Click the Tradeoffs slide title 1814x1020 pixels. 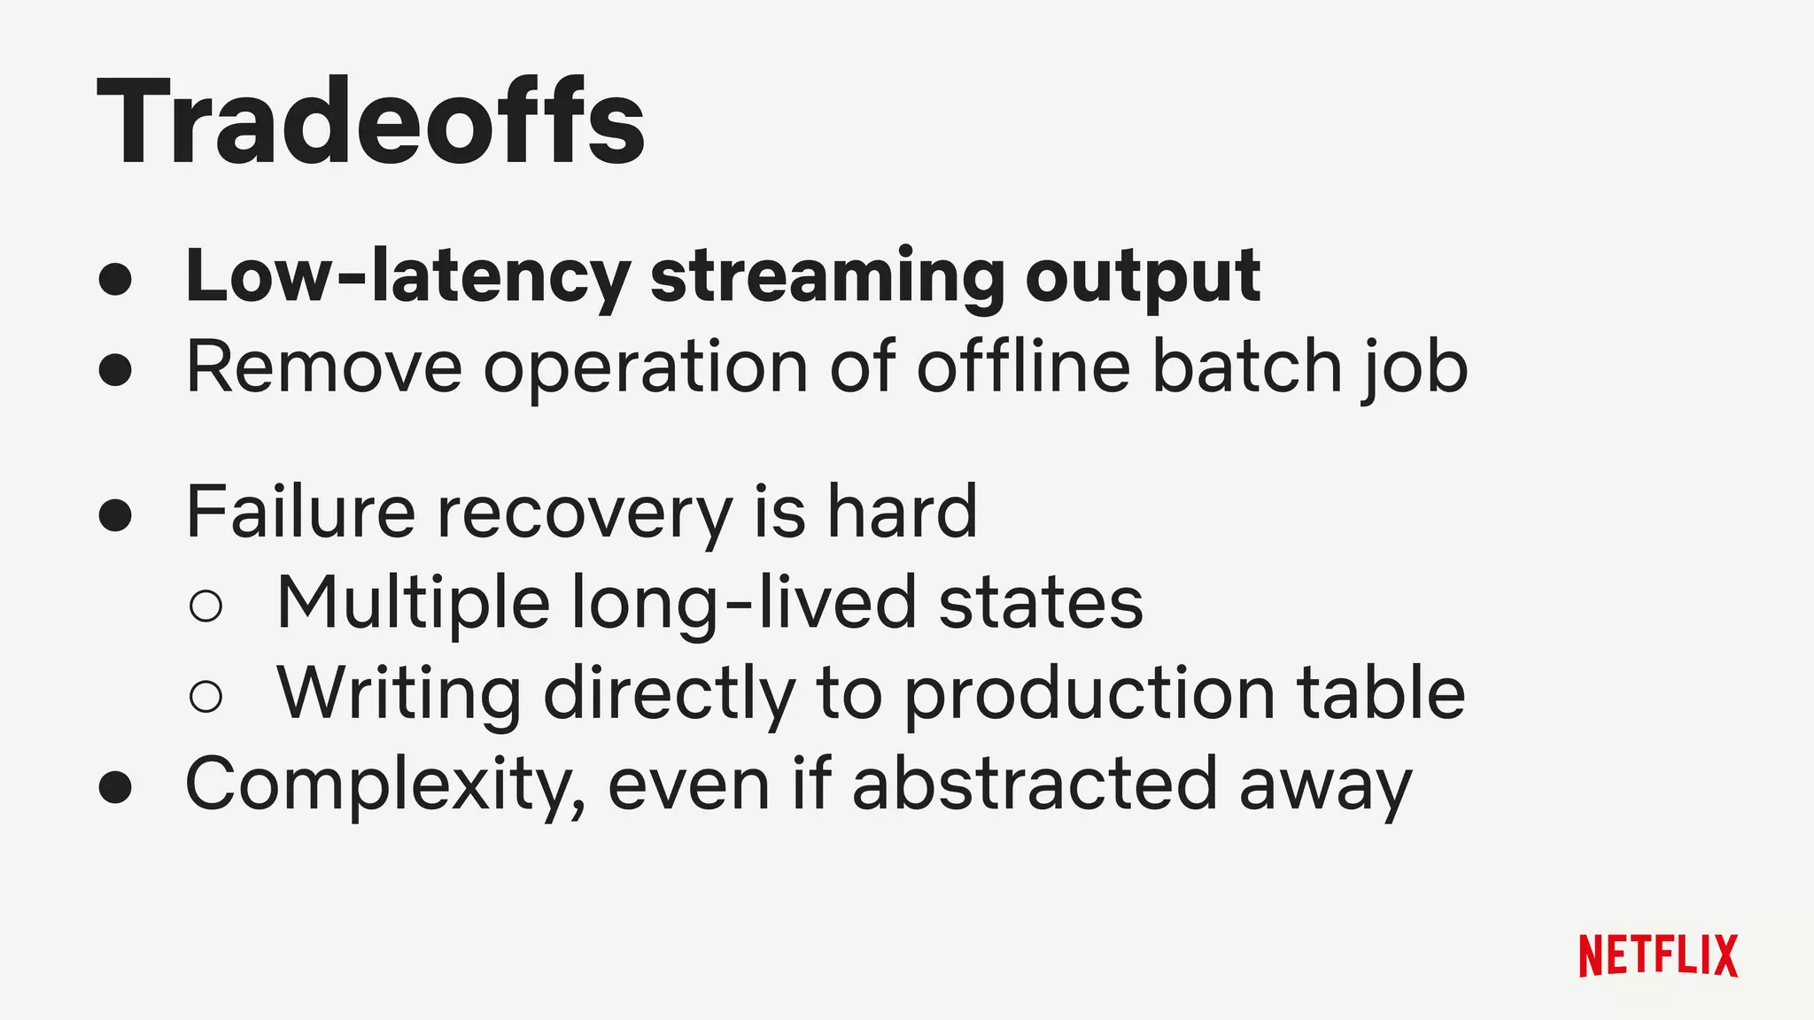coord(370,122)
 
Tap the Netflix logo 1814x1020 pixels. coord(1658,955)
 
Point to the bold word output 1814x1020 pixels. coord(1143,277)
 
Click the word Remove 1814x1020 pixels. coord(324,367)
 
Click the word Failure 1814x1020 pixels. coord(300,512)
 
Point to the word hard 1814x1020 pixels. coord(902,512)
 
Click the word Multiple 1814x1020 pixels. coord(413,604)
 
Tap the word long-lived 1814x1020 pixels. coord(744,604)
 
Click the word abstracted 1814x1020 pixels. coord(1035,784)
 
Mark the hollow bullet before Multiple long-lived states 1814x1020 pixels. coord(205,606)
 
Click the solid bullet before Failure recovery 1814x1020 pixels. coord(115,514)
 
